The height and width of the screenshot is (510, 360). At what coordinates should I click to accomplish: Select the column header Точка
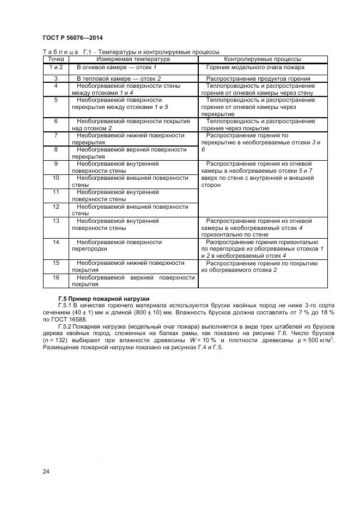(56, 59)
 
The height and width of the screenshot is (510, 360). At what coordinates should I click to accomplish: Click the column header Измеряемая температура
(133, 59)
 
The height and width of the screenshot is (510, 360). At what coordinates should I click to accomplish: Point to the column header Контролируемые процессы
(263, 59)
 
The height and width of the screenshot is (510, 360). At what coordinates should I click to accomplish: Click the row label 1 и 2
(56, 67)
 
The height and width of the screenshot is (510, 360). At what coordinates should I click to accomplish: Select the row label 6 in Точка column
(56, 121)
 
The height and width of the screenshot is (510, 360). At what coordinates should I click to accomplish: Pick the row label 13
(56, 221)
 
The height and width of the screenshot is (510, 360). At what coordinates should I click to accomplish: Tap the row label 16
(56, 277)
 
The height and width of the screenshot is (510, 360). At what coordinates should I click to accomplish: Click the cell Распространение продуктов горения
(258, 78)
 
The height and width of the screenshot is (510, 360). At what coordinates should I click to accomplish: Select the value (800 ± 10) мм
(149, 312)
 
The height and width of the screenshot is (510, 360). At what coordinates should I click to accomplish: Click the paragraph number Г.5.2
(66, 326)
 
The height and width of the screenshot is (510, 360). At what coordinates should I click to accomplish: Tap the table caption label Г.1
(88, 52)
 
